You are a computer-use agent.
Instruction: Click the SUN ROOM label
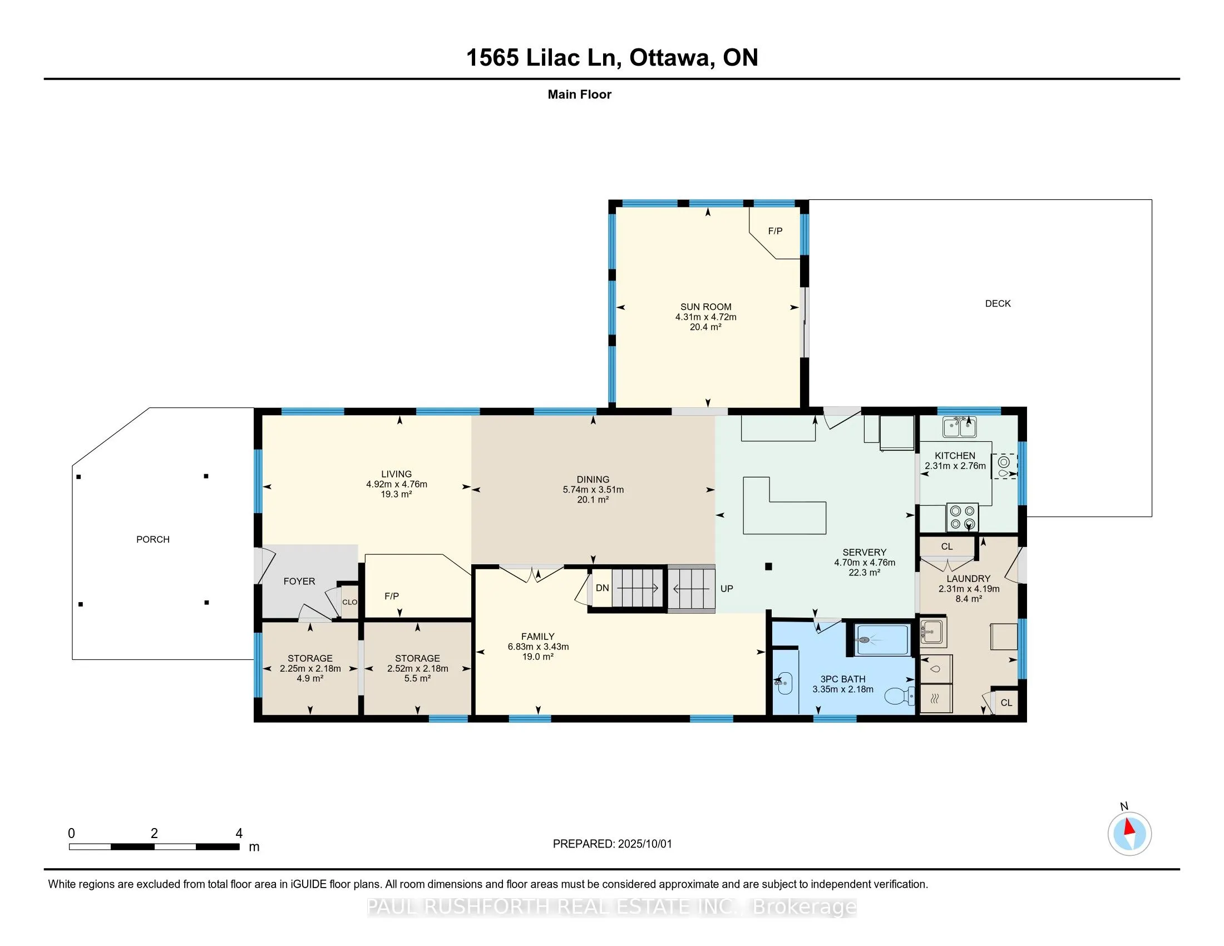tap(705, 307)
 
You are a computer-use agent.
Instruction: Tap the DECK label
tap(998, 303)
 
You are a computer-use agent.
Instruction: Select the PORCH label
tap(153, 539)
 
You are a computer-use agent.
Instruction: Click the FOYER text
tap(299, 581)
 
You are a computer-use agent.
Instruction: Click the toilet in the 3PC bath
tap(900, 696)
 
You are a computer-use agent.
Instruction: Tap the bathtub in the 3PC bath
tap(882, 639)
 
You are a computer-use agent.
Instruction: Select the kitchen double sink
tap(960, 428)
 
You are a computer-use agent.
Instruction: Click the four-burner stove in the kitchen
tap(963, 518)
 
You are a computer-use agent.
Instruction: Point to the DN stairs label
tap(603, 588)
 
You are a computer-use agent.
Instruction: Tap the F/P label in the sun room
tap(775, 231)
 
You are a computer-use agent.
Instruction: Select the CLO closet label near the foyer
tap(350, 602)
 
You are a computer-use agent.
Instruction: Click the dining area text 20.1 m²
tap(593, 499)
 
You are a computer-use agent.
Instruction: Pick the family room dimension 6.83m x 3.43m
tap(538, 646)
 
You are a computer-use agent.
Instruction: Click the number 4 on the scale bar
tap(239, 833)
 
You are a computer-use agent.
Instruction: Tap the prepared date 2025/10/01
tap(644, 844)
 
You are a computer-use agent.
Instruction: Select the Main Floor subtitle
tap(580, 94)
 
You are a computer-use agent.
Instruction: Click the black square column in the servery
tap(768, 566)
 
